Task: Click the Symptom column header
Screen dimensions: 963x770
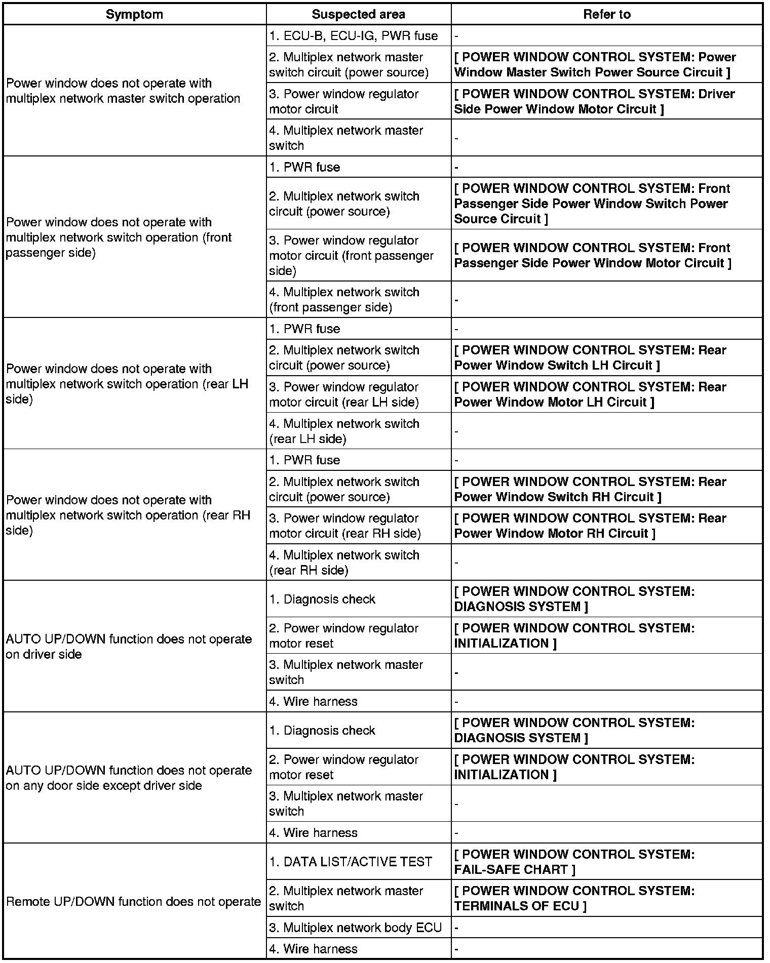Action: tap(134, 14)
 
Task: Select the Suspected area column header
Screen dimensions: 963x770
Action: tap(358, 14)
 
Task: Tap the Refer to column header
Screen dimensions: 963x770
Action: tap(606, 14)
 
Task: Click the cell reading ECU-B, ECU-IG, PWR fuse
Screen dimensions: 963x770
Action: tap(353, 36)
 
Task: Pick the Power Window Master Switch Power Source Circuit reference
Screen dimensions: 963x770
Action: tap(595, 65)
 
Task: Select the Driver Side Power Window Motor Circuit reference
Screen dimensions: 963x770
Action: tap(594, 101)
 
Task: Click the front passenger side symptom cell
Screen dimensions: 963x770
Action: tap(119, 237)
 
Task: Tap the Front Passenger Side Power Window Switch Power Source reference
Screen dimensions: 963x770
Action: tap(592, 204)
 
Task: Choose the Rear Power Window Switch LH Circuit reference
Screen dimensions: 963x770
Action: tap(590, 357)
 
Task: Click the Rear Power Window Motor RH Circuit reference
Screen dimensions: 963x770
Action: tap(590, 526)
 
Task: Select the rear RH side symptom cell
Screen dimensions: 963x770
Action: tap(128, 515)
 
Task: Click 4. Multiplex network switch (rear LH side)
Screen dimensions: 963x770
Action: tap(344, 431)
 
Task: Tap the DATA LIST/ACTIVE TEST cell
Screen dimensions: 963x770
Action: tap(351, 861)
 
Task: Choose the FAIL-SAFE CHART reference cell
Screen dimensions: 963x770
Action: tap(574, 861)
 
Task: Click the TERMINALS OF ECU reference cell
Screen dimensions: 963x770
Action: tap(574, 898)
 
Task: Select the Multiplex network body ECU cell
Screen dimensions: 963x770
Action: tap(355, 927)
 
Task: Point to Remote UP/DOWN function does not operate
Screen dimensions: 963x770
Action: tap(133, 901)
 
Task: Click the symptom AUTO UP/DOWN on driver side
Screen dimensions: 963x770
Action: tap(129, 647)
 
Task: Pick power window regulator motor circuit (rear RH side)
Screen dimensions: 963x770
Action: tap(344, 526)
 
